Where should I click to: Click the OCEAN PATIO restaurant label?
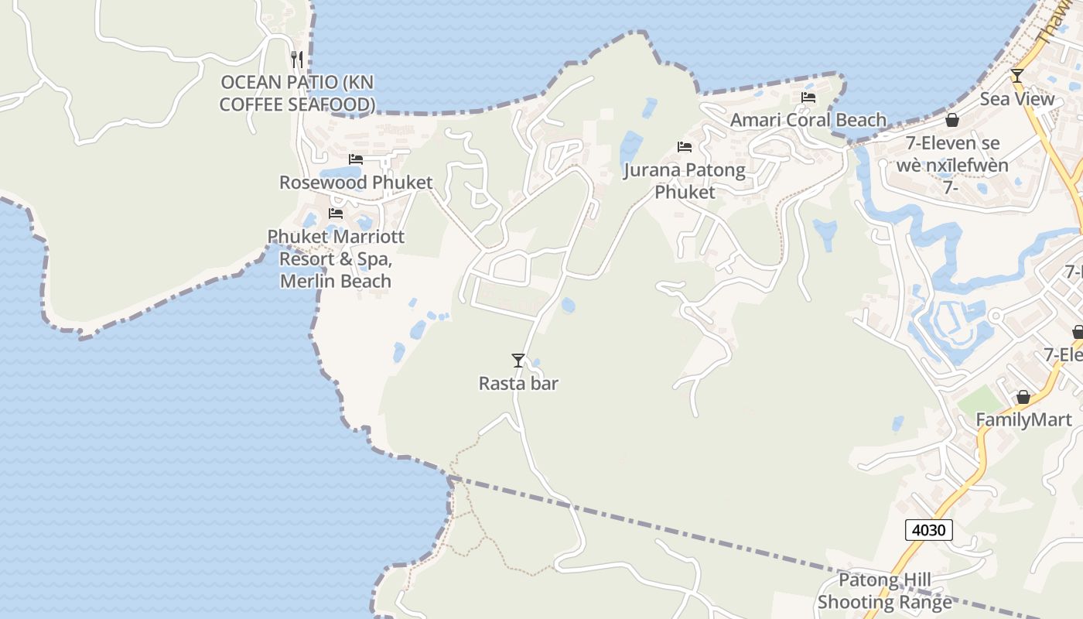298,93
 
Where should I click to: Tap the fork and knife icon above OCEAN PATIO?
297,59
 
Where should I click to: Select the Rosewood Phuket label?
356,183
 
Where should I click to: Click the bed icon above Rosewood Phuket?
356,159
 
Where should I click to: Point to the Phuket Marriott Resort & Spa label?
336,258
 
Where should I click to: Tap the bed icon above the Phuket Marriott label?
336,213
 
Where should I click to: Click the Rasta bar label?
518,383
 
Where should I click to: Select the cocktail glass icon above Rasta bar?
518,361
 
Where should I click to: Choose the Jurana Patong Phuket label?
685,180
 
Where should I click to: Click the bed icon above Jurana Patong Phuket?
685,146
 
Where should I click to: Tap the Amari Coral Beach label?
808,120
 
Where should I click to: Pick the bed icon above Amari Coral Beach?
808,97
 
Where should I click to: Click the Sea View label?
1017,99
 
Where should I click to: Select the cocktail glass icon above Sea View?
1017,76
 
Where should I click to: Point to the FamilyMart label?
1023,419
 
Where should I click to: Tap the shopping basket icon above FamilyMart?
1023,397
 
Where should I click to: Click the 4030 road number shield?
928,530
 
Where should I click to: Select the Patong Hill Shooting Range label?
885,591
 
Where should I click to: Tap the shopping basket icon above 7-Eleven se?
952,120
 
